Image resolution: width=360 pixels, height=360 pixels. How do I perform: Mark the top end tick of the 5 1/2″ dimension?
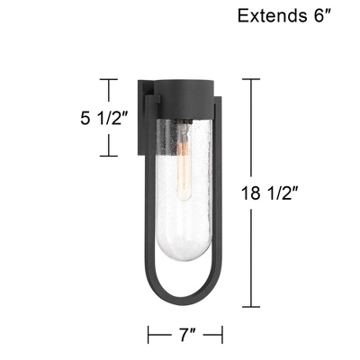109,79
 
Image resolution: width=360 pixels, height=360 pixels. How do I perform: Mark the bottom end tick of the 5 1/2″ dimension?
109,156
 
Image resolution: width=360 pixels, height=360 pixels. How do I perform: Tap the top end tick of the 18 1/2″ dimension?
250,79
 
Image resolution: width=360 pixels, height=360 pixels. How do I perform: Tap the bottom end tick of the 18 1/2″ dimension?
250,307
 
